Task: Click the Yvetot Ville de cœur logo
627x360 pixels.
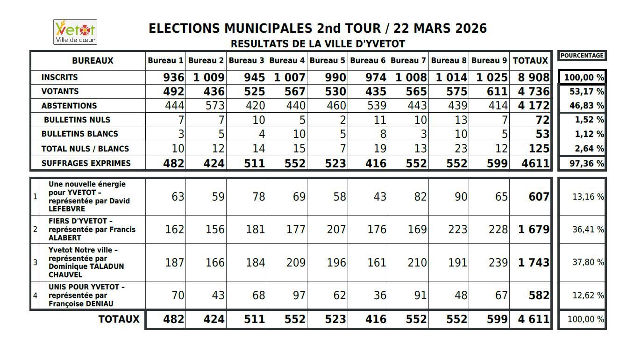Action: pyautogui.click(x=75, y=32)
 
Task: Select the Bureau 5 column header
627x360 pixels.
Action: pyautogui.click(x=327, y=60)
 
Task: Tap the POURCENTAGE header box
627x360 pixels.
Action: pyautogui.click(x=582, y=56)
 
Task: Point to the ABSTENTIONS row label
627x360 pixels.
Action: pyautogui.click(x=69, y=106)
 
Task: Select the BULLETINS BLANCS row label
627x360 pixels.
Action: pyautogui.click(x=79, y=134)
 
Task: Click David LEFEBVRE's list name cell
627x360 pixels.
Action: pyautogui.click(x=89, y=196)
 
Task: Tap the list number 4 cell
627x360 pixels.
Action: pyautogui.click(x=35, y=295)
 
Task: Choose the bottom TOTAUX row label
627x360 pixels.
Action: pyautogui.click(x=119, y=319)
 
